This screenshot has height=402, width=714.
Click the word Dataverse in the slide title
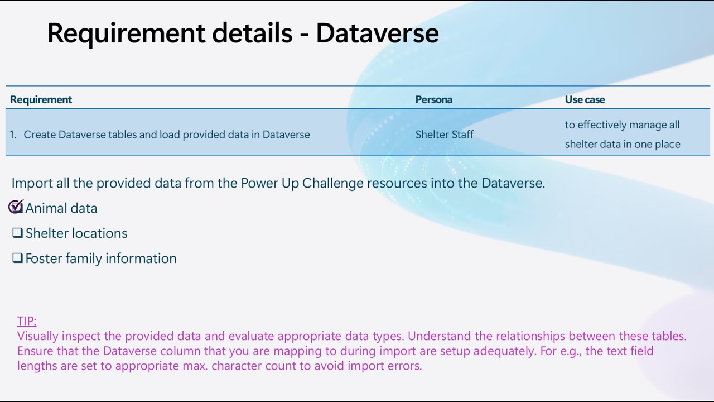click(377, 33)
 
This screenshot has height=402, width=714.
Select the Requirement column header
click(41, 100)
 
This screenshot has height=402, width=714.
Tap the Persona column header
click(433, 100)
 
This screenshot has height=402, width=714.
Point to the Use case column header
click(585, 100)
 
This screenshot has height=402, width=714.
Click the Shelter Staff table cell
click(444, 135)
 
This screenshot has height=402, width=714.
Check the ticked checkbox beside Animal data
click(16, 207)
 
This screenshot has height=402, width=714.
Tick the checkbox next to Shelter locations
click(17, 233)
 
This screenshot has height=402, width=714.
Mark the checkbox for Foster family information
click(17, 258)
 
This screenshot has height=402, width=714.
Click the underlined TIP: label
click(27, 321)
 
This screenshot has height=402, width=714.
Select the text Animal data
click(61, 208)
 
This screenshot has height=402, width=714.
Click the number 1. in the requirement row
click(13, 135)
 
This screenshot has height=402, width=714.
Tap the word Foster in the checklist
click(44, 258)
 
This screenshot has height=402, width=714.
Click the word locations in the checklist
click(103, 233)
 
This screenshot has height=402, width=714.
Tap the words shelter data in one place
click(623, 144)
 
